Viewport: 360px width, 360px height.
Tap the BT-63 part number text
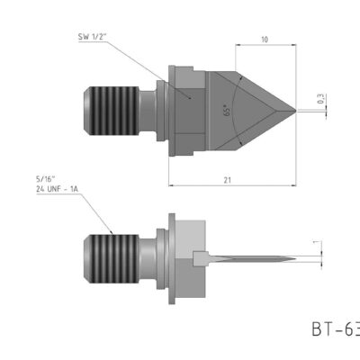335,328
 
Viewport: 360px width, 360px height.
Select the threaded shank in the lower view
115,256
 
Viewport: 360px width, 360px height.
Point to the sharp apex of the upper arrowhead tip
294,109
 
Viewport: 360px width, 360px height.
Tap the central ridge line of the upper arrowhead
261,109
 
